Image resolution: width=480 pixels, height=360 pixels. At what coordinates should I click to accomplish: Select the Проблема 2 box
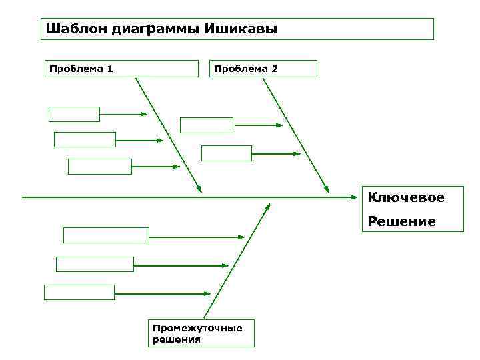[263, 69]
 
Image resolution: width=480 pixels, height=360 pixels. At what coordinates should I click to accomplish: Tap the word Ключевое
[406, 197]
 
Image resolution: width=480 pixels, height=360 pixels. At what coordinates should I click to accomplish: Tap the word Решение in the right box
[402, 221]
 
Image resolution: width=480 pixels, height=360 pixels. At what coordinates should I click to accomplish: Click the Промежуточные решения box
[201, 333]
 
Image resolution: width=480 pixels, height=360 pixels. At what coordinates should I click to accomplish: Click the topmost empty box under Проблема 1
[74, 114]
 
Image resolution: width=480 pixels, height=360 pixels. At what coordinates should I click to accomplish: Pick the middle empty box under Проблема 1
[85, 139]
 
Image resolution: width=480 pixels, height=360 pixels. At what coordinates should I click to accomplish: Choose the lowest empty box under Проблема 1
[100, 166]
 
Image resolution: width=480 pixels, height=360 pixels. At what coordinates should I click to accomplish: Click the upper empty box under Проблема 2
[207, 125]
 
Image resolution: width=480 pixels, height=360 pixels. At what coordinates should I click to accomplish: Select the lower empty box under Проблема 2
[227, 153]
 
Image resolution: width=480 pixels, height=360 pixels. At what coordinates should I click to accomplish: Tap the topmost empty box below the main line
[106, 235]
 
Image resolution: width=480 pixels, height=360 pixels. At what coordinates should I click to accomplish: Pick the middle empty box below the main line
[95, 264]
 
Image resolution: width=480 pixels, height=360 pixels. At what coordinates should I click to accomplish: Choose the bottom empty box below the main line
[79, 292]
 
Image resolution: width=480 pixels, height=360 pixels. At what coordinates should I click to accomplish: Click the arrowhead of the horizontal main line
[355, 197]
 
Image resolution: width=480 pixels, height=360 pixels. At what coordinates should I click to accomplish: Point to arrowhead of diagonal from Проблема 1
[199, 189]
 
